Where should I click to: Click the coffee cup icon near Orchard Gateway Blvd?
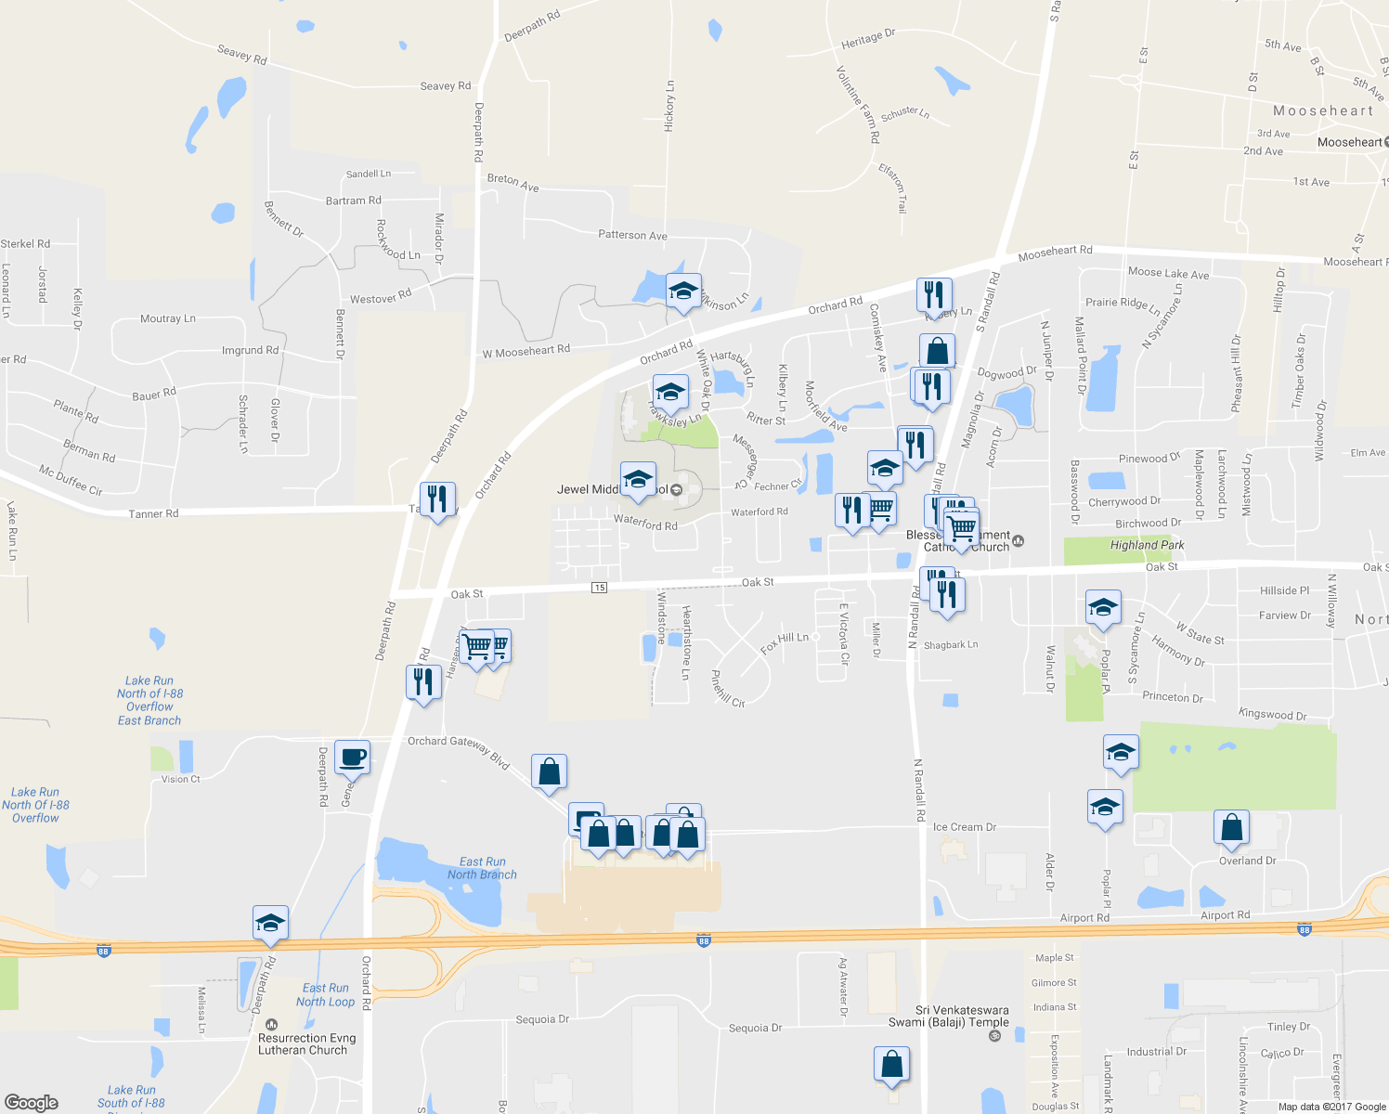352,758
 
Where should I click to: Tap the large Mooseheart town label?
1323,111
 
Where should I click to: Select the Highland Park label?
1147,546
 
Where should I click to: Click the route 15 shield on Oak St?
600,588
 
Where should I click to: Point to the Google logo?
32,1102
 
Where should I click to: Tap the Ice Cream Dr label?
964,827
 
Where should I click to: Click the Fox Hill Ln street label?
785,642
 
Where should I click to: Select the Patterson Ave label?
632,236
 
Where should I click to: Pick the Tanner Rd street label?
153,513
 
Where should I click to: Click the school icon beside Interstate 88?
270,923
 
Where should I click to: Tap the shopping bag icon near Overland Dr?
1231,827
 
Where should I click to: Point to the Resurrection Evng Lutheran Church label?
306,1044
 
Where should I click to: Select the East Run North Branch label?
482,868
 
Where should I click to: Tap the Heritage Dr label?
867,39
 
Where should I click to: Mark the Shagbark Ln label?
951,645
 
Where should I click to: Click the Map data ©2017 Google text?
1331,1107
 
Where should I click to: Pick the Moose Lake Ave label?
1168,273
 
